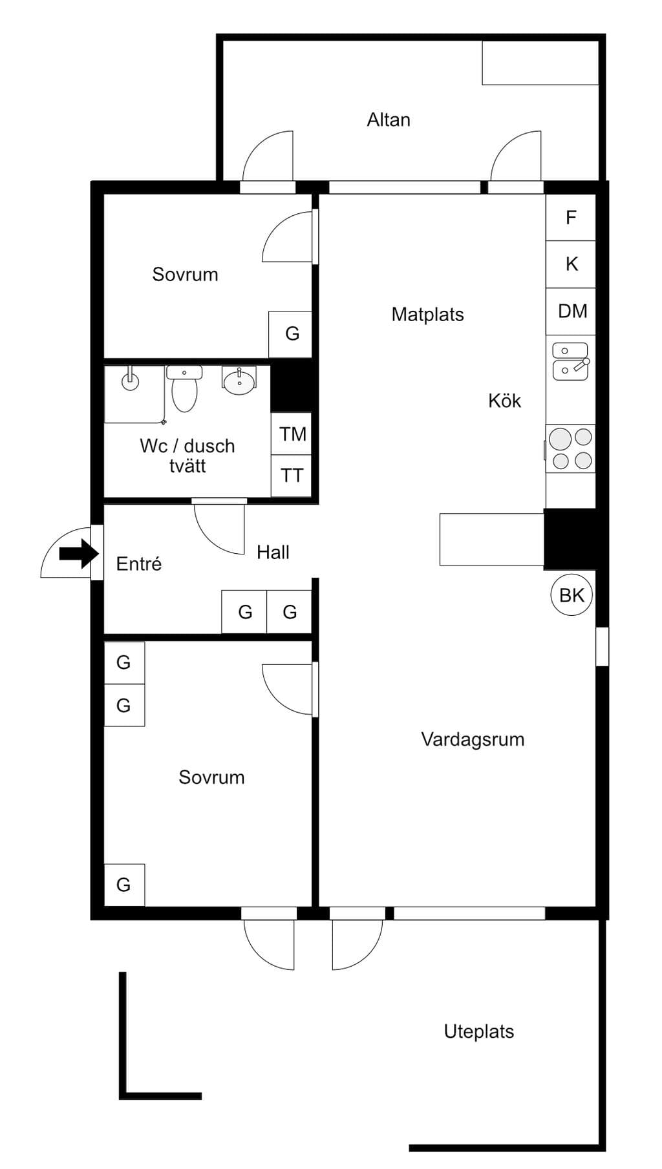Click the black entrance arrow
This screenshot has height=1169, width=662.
click(x=79, y=554)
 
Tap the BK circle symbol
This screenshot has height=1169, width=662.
click(x=571, y=595)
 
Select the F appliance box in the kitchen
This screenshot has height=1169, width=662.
click(x=570, y=217)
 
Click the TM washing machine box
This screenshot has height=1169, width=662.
click(x=292, y=434)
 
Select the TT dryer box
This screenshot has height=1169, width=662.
click(x=292, y=476)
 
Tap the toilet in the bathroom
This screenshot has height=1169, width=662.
click(x=184, y=389)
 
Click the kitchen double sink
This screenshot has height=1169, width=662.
click(x=570, y=361)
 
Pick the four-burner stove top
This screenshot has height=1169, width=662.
click(x=570, y=448)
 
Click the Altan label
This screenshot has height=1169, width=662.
click(x=389, y=120)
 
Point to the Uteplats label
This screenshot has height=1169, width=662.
click(x=479, y=1031)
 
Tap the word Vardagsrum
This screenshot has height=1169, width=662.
click(x=473, y=739)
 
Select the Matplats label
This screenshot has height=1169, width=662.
click(x=428, y=315)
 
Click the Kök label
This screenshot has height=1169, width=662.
click(x=504, y=401)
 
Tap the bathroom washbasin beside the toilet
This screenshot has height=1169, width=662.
click(x=239, y=380)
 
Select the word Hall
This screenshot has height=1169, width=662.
click(x=273, y=553)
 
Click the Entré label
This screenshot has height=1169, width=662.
click(x=139, y=563)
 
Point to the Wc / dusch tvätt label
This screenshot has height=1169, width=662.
click(x=187, y=456)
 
